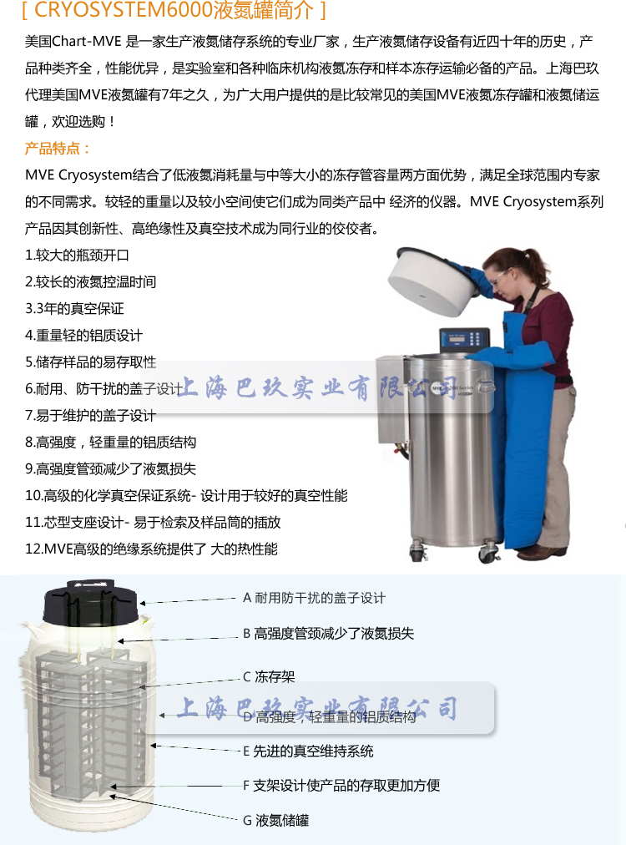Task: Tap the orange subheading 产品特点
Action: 58,149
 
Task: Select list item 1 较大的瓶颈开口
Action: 78,255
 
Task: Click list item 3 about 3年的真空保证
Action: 74,308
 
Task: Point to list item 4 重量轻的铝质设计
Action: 83,335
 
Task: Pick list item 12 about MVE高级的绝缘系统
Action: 151,549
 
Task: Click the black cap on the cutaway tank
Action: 91,601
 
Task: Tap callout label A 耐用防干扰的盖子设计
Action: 314,598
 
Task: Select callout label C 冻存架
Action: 269,676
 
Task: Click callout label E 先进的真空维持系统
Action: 308,751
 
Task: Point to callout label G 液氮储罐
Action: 275,820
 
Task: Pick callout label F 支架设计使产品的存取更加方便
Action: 341,785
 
